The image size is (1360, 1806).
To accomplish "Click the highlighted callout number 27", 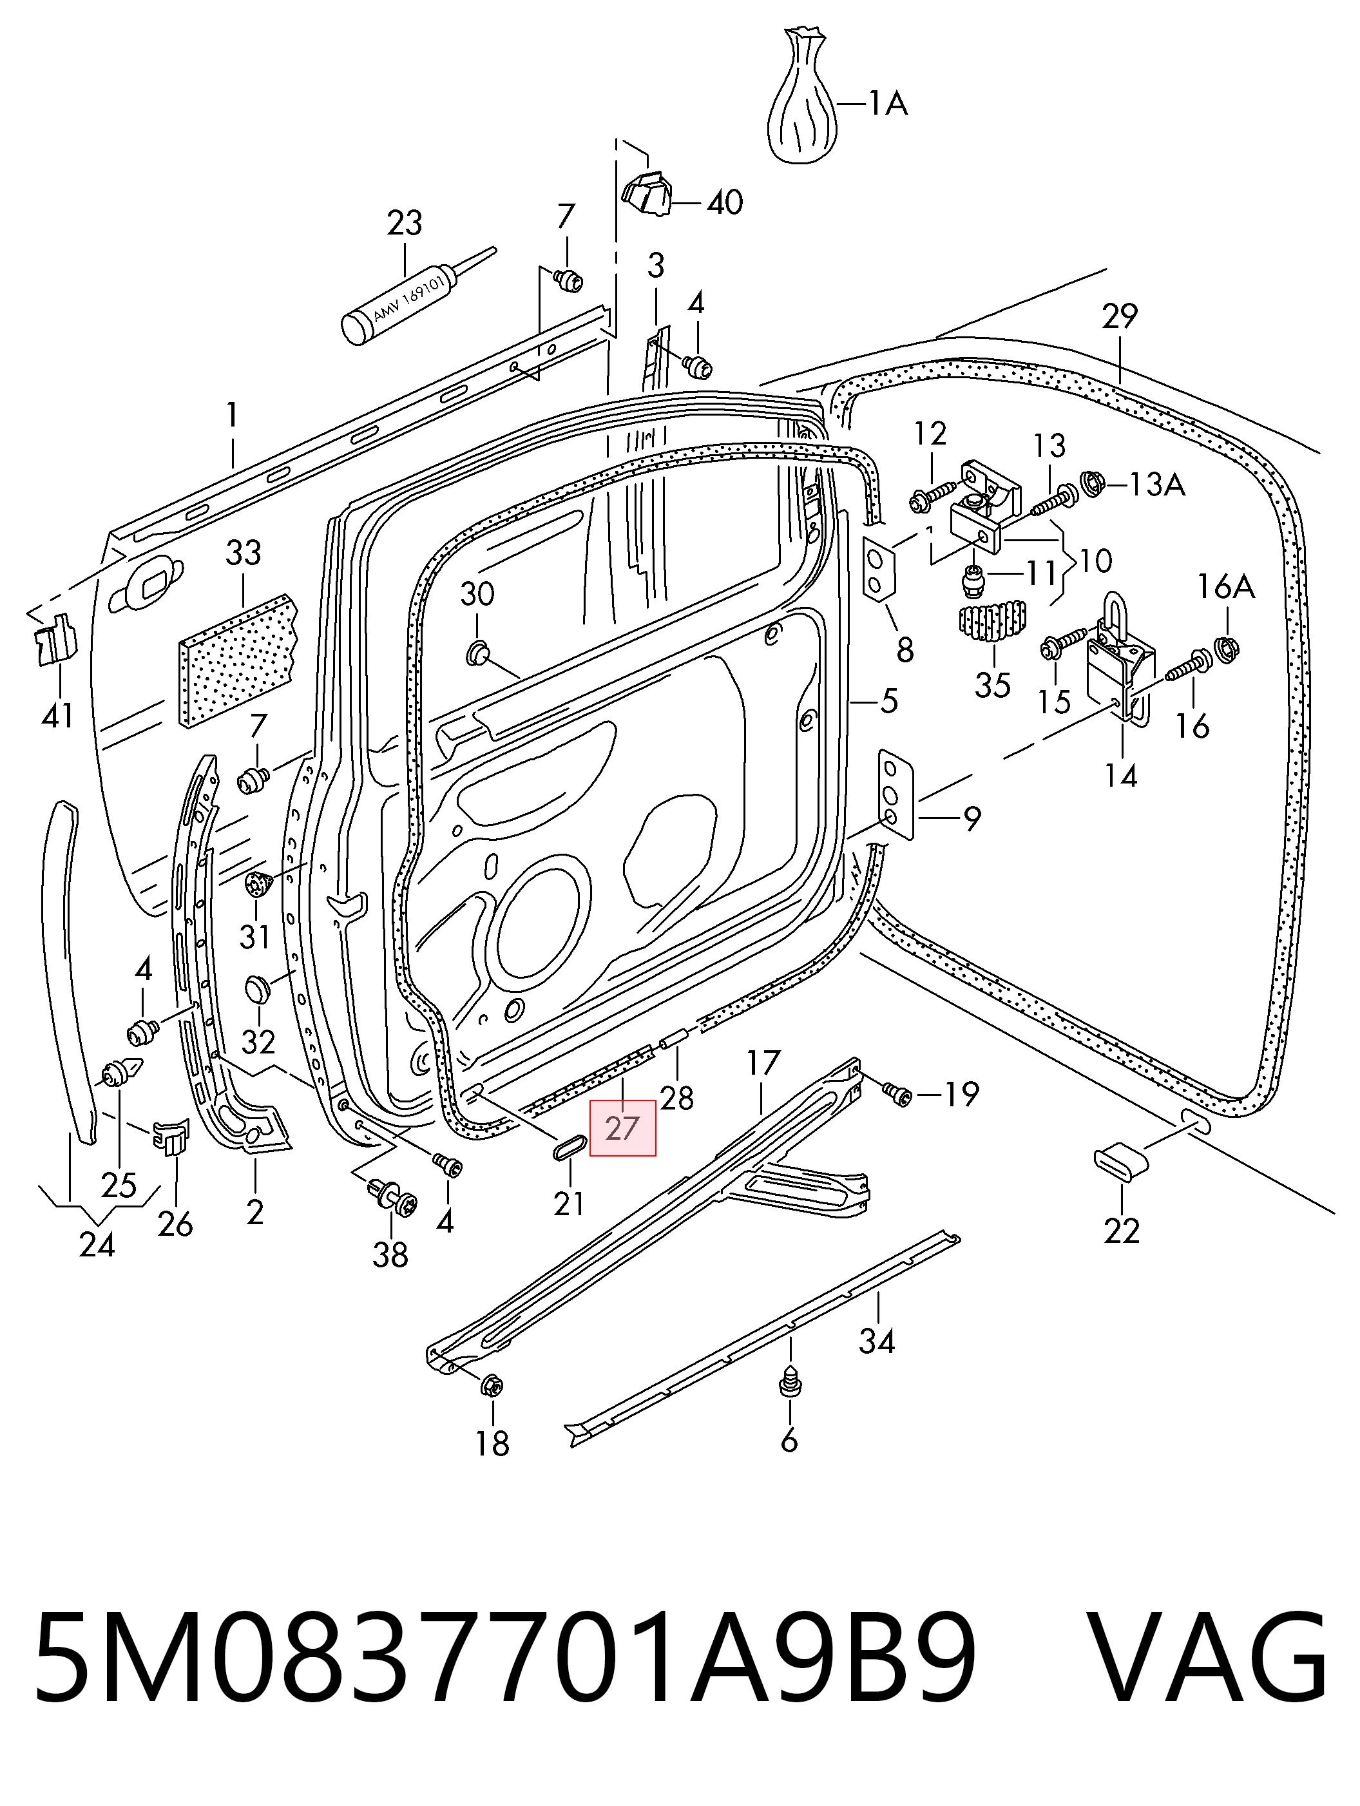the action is [622, 1128].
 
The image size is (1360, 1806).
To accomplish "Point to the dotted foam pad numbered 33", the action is [238, 660].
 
